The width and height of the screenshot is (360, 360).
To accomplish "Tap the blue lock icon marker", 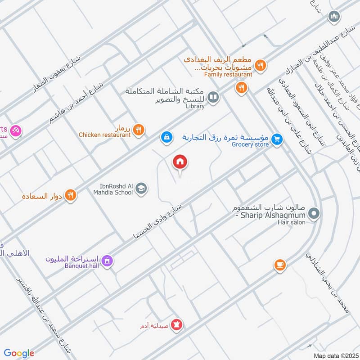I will pyautogui.click(x=166, y=136).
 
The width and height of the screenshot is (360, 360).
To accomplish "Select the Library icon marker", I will pyautogui.click(x=214, y=97).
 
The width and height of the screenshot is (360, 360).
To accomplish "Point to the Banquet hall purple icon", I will pyautogui.click(x=107, y=261).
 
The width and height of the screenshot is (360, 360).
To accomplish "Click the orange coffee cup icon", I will pyautogui.click(x=280, y=265).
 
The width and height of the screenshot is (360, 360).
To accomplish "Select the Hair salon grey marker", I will pyautogui.click(x=314, y=213).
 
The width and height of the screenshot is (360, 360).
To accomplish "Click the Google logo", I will pyautogui.click(x=19, y=353).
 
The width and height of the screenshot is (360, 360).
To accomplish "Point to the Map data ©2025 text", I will pyautogui.click(x=335, y=355).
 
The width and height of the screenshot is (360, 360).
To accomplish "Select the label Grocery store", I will pyautogui.click(x=250, y=144).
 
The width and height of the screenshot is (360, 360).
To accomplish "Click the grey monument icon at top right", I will pyautogui.click(x=333, y=18).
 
